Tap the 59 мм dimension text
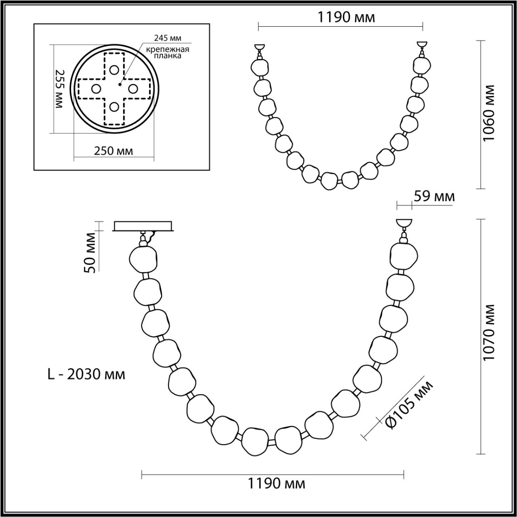click(x=434, y=196)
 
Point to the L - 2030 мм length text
click(x=86, y=374)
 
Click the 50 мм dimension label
click(x=91, y=253)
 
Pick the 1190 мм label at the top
click(x=346, y=17)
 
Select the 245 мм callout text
click(x=168, y=38)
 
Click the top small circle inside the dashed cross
click(x=114, y=69)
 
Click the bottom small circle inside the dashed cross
click(x=114, y=107)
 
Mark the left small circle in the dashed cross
click(x=96, y=88)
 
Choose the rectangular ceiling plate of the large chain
click(x=144, y=225)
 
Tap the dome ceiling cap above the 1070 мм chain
click(x=404, y=223)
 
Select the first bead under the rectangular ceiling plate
click(x=143, y=259)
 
